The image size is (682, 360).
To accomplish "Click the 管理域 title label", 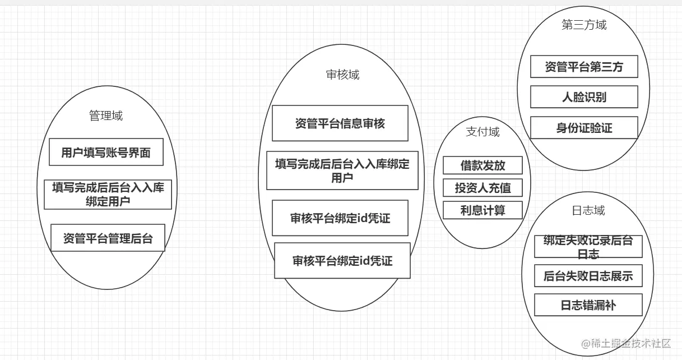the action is coord(106,116).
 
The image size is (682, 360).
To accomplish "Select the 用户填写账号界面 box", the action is coord(106,153).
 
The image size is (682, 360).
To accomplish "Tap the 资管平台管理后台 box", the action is coord(108,238).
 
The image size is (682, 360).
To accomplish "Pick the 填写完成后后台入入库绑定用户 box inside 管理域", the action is coord(108,195).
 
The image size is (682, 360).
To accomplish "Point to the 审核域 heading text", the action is coord(342,75).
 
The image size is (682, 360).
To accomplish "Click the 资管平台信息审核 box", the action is coord(340,123).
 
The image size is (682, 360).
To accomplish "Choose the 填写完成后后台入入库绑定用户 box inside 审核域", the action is coord(342,170).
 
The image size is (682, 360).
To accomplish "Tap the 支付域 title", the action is coord(482,132).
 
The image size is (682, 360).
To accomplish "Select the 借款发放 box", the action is coord(482,165).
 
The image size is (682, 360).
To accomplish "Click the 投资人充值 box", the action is coord(482,188).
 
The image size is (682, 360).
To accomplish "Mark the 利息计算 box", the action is coord(482,210).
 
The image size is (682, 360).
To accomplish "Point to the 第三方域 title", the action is coord(584,25).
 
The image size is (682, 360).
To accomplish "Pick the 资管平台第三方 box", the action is coord(584,67).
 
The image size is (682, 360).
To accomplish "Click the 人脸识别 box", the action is coord(584,97).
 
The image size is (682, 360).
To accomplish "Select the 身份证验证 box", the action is coord(584,128).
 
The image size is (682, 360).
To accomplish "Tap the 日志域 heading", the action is coord(588,211).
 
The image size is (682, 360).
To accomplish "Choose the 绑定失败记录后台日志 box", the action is coord(588,247).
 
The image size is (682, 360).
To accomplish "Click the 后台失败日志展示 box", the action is coord(588,276).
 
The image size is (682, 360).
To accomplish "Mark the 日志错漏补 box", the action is coord(588,306).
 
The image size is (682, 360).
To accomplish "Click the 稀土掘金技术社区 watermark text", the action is coord(630,344).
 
